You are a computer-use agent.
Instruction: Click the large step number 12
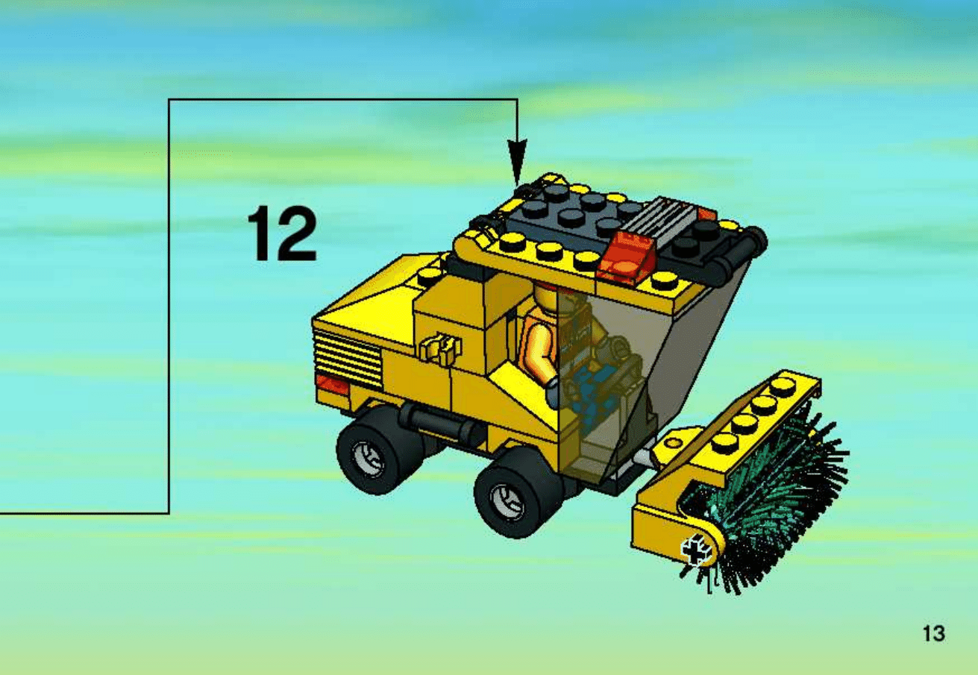tap(281, 234)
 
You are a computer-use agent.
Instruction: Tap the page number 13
tap(934, 633)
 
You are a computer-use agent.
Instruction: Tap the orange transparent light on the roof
tap(621, 254)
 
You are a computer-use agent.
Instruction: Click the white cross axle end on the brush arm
tap(697, 551)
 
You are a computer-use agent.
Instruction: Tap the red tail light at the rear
tap(333, 385)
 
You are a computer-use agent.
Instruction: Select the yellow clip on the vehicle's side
tap(440, 348)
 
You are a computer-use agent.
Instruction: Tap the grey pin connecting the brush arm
tap(645, 457)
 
